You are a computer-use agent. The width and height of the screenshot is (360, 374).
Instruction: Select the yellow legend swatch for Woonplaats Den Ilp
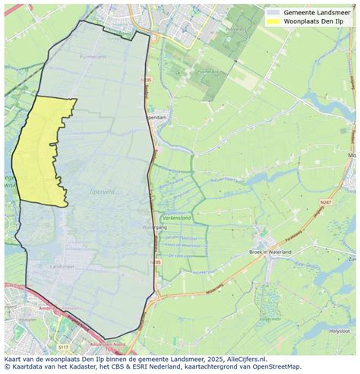pos(273,22)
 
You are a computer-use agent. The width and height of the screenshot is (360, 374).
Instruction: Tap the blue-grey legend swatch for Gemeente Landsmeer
pos(273,12)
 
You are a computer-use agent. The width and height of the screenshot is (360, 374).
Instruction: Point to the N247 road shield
pos(326,201)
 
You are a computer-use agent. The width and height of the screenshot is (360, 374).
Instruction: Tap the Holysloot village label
pos(335,331)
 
